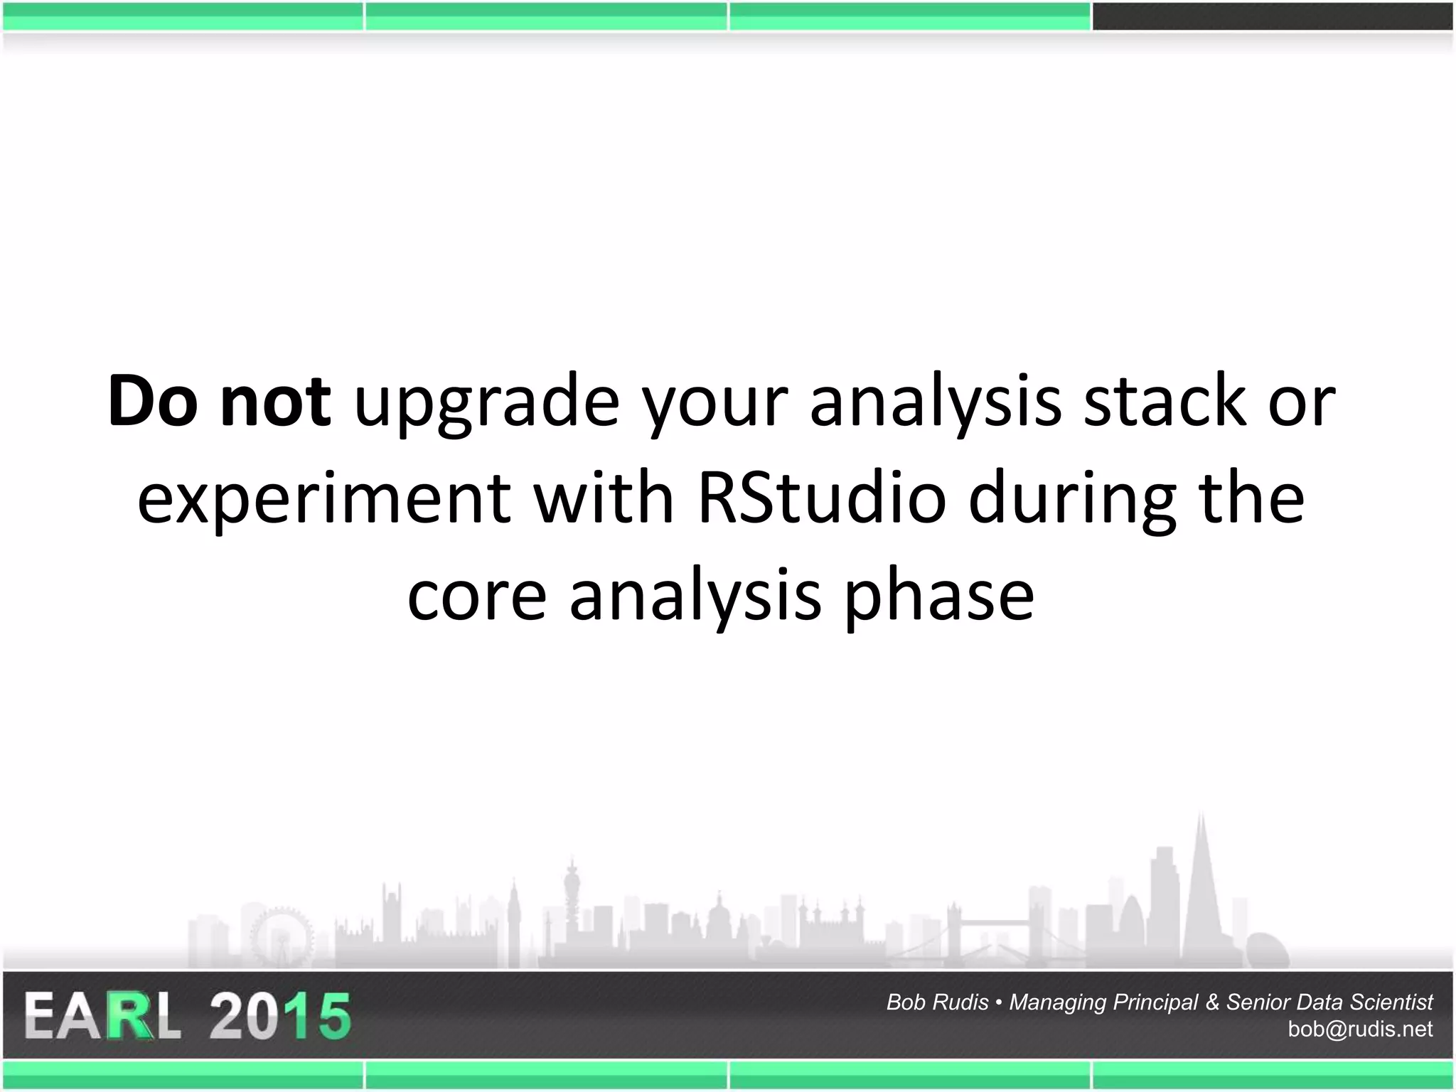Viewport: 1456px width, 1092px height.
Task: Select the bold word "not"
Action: pos(275,402)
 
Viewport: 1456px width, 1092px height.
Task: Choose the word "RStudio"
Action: pos(821,498)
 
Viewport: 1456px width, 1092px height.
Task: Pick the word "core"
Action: pos(476,596)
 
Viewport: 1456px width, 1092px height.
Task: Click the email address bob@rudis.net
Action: pos(1359,1029)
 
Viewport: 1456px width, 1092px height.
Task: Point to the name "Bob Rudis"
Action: pos(937,1002)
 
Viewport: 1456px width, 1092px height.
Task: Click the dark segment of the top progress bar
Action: pos(1273,16)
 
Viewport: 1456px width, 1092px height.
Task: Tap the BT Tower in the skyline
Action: pos(572,903)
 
